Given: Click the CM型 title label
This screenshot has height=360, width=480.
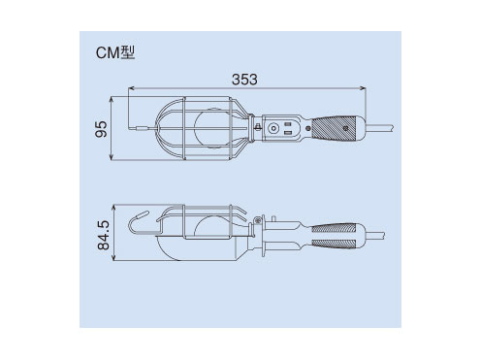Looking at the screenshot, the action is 115,52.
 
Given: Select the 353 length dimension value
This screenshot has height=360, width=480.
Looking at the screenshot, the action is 244,80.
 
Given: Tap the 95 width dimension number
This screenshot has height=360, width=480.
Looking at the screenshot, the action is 101,129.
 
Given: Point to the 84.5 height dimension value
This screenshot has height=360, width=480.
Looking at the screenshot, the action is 104,235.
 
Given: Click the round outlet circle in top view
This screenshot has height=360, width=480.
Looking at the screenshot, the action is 273,129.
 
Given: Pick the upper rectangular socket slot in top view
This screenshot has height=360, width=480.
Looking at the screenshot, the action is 288,124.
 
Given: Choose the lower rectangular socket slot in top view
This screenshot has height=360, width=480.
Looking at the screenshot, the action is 288,133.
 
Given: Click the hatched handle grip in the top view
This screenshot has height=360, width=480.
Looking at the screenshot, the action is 335,128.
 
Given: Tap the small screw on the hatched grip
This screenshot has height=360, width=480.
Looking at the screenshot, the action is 345,128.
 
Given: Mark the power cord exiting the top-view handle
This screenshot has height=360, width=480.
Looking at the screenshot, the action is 380,128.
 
